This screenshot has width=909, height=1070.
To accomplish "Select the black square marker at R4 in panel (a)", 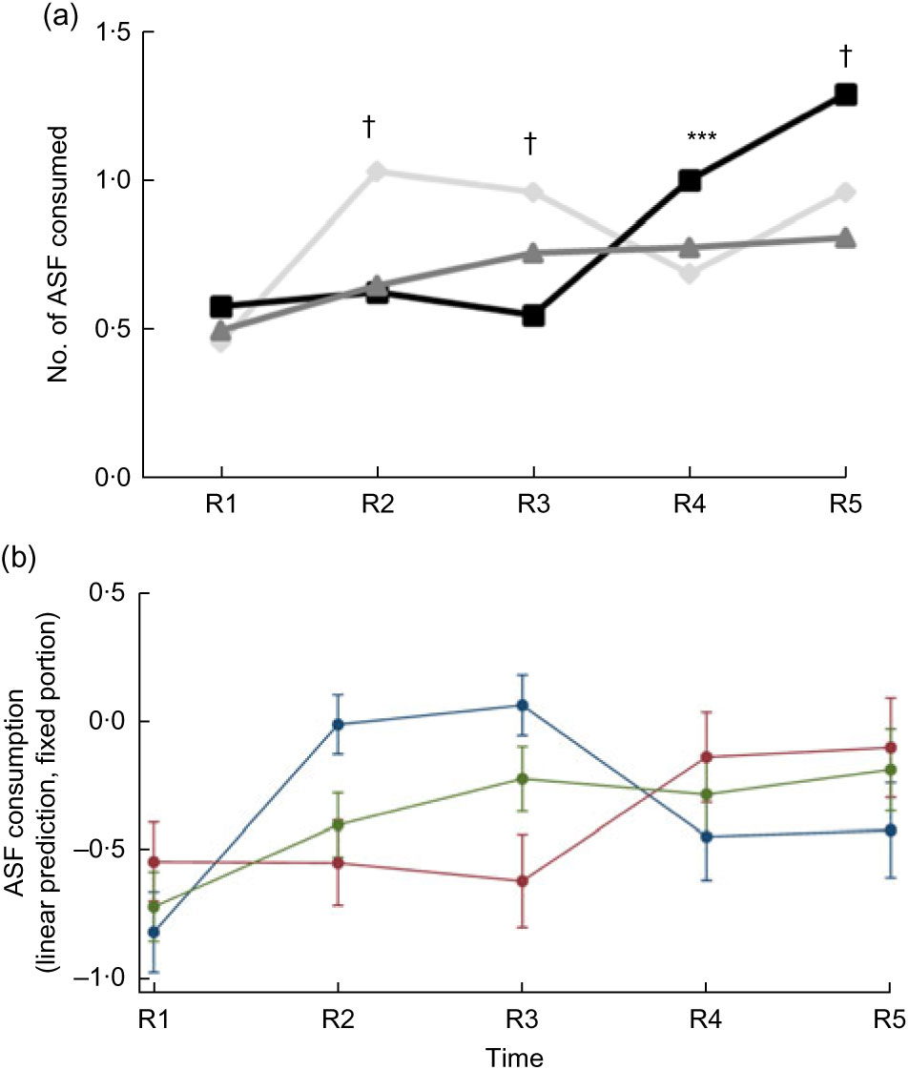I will click(x=690, y=181).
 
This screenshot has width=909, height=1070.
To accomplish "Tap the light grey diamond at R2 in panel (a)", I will click(x=377, y=172).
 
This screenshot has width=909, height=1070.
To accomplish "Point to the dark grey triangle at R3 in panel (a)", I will click(x=533, y=254).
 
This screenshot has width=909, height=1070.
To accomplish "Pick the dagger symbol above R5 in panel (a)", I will click(x=845, y=56).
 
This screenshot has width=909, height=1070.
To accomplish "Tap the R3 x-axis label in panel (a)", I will click(x=533, y=505).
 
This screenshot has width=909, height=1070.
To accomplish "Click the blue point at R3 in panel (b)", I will click(x=521, y=706).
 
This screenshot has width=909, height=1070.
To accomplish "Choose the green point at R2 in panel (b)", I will click(x=337, y=824).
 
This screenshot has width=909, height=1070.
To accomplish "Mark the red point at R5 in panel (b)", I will click(x=889, y=748).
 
